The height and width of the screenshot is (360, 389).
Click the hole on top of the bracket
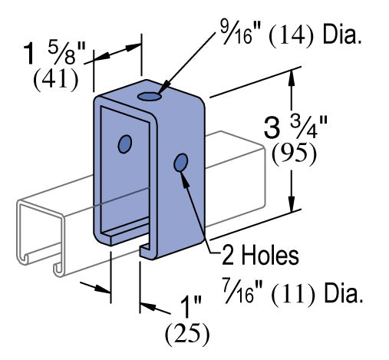pyautogui.click(x=151, y=97)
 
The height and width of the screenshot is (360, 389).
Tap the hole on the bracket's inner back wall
pyautogui.click(x=124, y=144)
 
